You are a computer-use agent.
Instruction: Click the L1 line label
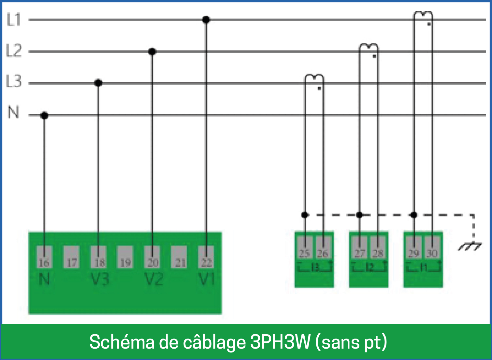14,20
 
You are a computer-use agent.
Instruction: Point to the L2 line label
14,51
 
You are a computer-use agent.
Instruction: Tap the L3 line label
14,81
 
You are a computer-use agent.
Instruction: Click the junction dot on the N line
44,115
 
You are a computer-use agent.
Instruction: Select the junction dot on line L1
206,20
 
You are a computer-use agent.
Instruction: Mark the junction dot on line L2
152,51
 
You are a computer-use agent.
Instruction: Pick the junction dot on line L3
98,83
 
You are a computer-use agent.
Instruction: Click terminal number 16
44,257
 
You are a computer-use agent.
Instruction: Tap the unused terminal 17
71,257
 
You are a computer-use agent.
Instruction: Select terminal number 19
125,257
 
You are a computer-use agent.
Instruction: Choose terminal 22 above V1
206,257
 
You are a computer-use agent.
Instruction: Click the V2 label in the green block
153,279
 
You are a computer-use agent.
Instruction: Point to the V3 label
100,279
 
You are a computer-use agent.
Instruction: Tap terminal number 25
305,248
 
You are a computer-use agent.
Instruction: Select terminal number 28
378,248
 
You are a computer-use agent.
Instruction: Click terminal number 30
432,248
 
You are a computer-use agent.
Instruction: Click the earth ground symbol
470,247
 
